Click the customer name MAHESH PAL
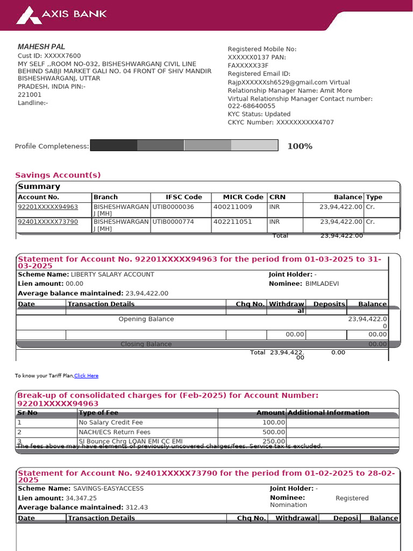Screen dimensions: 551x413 (x=41, y=47)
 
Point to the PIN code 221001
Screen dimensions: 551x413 (x=30, y=95)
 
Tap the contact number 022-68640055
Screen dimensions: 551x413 (x=251, y=107)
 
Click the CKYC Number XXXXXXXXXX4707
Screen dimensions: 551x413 (x=305, y=123)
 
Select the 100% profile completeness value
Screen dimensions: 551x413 (x=300, y=146)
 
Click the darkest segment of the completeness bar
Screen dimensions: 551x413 (x=113, y=145)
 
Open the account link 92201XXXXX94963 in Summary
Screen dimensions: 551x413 (x=48, y=207)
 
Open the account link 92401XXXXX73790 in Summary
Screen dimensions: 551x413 (x=48, y=222)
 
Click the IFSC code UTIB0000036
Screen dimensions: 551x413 (x=173, y=207)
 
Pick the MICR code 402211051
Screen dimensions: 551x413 (x=232, y=222)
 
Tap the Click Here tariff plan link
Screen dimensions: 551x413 (x=86, y=376)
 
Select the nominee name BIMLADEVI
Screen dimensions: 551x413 (x=322, y=284)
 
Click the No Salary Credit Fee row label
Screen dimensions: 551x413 (x=110, y=422)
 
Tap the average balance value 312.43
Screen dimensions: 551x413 (x=137, y=507)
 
